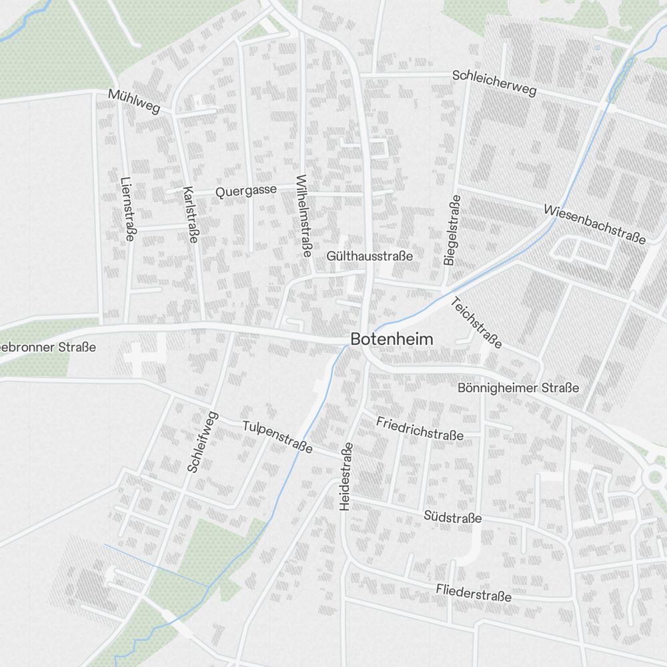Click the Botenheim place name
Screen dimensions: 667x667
(392, 340)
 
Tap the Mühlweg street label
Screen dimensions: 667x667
(134, 102)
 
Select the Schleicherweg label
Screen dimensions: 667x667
(494, 83)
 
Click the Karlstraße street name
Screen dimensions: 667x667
(190, 213)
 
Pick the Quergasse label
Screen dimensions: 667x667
(246, 191)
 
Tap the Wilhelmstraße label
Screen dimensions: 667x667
(303, 215)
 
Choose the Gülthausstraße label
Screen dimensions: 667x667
(370, 256)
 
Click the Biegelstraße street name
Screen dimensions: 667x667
(452, 231)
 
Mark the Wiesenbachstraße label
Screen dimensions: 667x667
(594, 223)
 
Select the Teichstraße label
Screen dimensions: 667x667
(476, 322)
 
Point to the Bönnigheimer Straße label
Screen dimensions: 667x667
(518, 388)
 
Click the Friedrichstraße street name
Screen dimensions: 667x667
(420, 428)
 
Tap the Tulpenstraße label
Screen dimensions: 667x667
(277, 437)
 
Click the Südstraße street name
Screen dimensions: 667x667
(452, 517)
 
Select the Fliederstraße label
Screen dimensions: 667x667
(474, 592)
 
